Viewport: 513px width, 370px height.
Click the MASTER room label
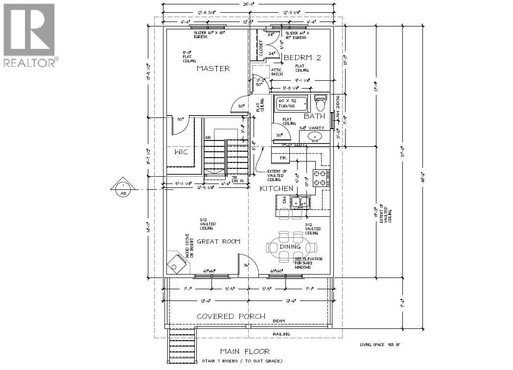coord(213,69)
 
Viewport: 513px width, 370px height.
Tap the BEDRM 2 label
coord(303,58)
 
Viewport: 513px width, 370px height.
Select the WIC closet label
coord(181,152)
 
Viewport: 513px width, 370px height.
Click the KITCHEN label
coord(277,188)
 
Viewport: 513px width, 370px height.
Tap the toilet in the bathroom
coord(321,103)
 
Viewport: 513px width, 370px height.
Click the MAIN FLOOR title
coord(244,351)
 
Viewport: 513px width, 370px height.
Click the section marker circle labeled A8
coord(121,188)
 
